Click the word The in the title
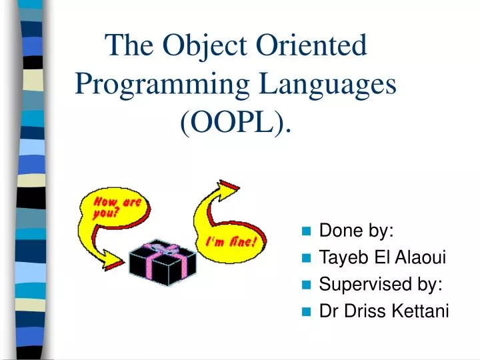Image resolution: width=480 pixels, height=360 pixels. pos(130,47)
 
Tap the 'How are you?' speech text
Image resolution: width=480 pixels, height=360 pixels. pos(115,208)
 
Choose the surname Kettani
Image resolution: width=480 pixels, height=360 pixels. pos(425,311)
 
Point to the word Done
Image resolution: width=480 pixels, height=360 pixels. pos(337,231)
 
